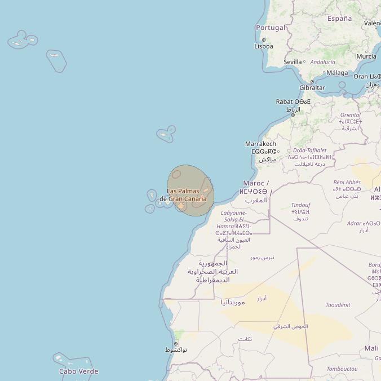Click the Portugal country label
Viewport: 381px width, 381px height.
tap(271, 28)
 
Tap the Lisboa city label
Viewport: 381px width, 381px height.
tap(264, 46)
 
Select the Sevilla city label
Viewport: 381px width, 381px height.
tap(293, 61)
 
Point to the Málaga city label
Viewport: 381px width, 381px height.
tap(337, 73)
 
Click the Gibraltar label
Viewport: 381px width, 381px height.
tap(312, 88)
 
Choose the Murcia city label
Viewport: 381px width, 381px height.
tap(366, 56)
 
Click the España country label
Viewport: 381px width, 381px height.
tap(339, 19)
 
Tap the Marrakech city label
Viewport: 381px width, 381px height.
tap(260, 144)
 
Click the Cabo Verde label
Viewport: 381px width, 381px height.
tap(79, 371)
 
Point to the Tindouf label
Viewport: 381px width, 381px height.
tap(300, 205)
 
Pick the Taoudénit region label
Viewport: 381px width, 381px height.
tap(338, 305)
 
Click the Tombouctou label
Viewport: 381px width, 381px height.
tap(342, 369)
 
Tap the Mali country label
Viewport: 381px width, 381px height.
tap(371, 348)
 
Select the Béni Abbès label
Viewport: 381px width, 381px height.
tap(347, 182)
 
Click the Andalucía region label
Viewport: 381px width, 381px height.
tap(322, 62)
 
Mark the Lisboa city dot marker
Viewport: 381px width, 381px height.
tap(264, 40)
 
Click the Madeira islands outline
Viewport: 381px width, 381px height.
tap(166, 134)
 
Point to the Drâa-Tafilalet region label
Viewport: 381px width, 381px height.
tap(309, 150)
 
